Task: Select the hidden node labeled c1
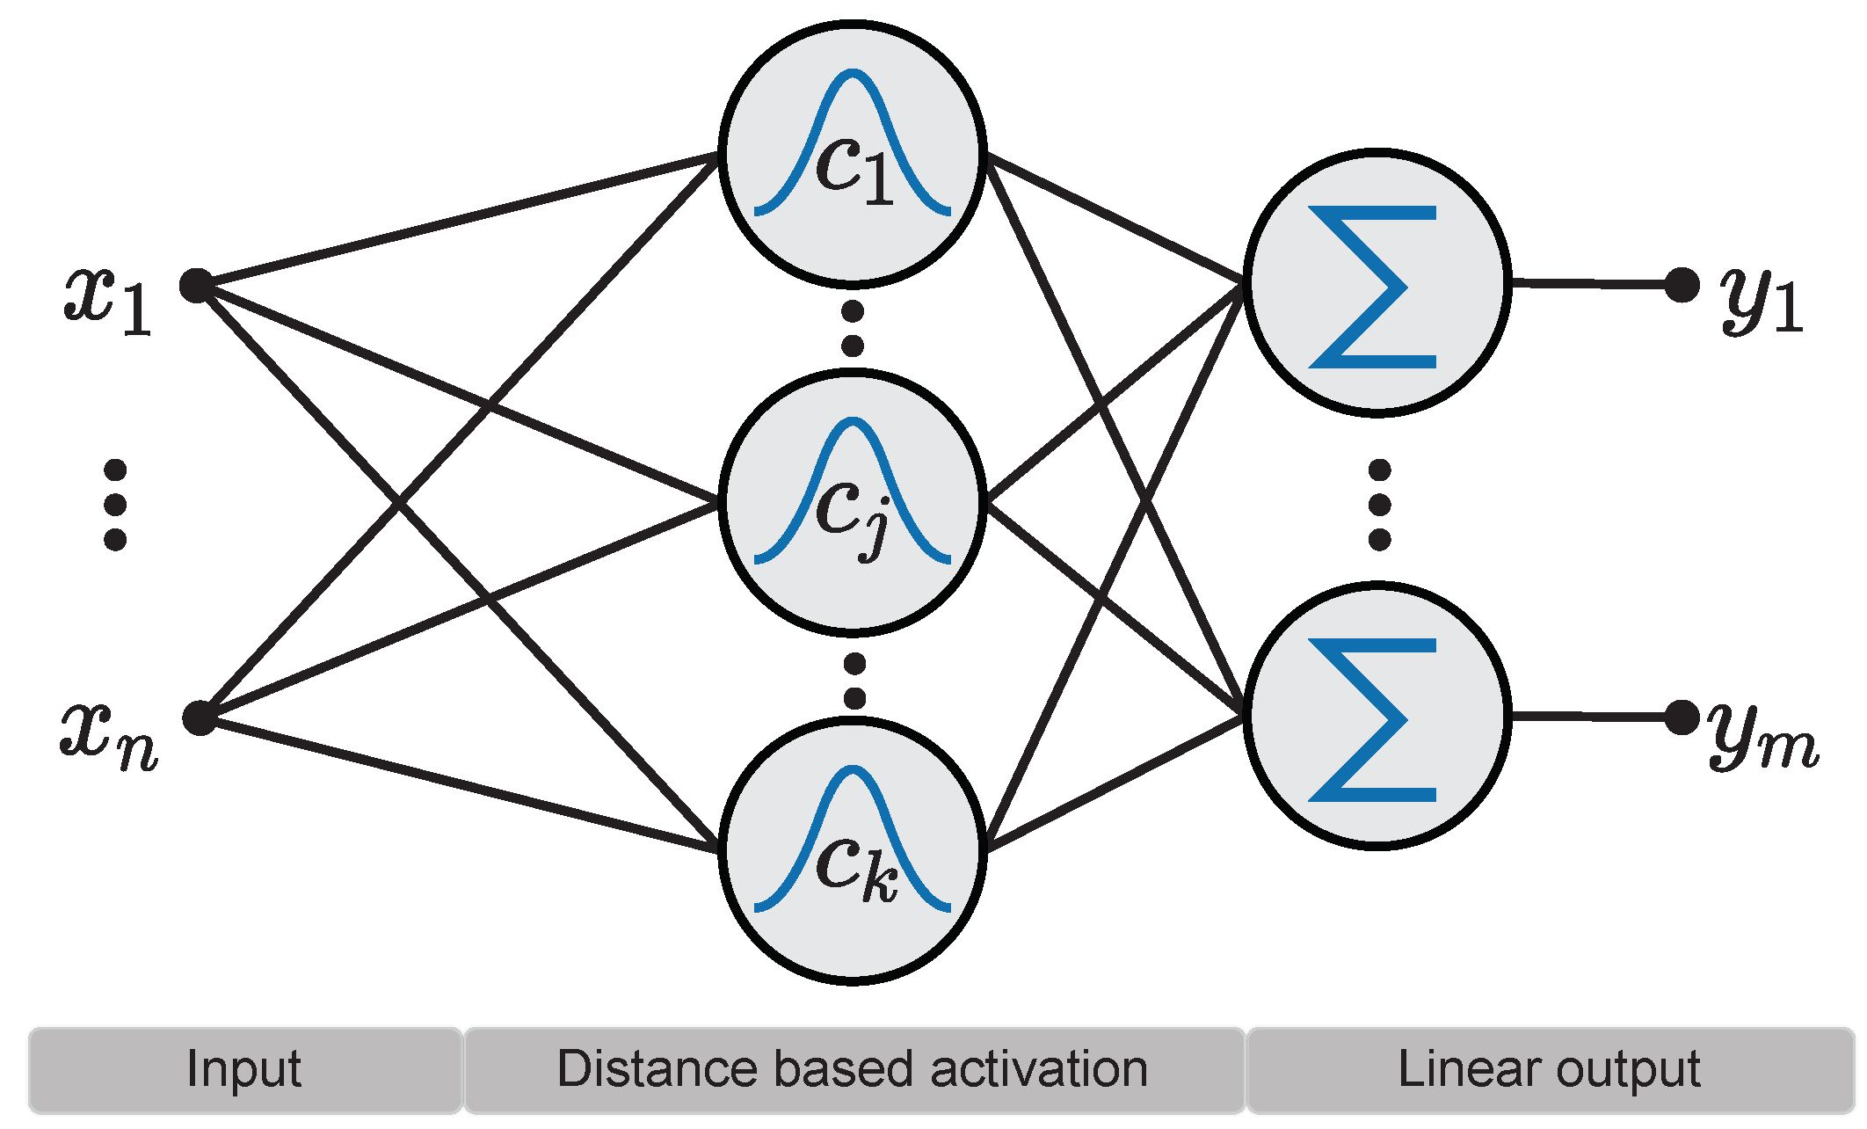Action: click(x=852, y=155)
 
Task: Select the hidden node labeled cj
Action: click(x=852, y=503)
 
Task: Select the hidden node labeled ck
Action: click(x=852, y=851)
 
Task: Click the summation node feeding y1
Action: click(x=1377, y=282)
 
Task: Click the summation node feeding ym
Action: click(x=1377, y=715)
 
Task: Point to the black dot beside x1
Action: click(x=197, y=286)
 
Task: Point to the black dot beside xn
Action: click(x=200, y=717)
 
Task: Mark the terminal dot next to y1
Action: click(x=1682, y=284)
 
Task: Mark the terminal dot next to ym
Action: click(x=1682, y=717)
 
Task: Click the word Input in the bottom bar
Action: click(x=243, y=1070)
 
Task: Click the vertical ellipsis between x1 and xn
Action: click(x=115, y=505)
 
